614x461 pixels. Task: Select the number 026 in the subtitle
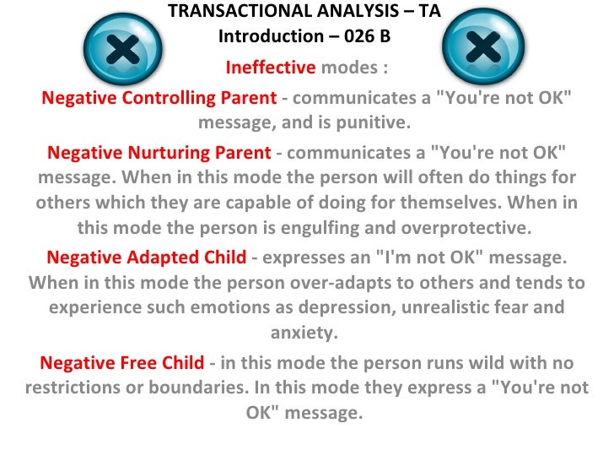tap(353, 36)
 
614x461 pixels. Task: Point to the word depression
tap(356, 307)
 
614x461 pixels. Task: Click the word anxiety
tap(304, 333)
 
